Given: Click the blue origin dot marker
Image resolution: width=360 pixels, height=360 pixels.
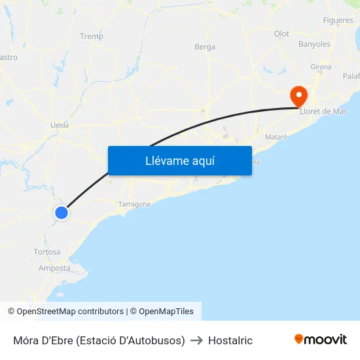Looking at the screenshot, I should point(62,213).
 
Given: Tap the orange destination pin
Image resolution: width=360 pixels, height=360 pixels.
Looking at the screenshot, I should point(298,97).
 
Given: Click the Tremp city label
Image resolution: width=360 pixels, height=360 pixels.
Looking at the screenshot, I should point(91,37).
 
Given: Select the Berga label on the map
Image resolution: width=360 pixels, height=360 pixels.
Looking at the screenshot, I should point(205,47).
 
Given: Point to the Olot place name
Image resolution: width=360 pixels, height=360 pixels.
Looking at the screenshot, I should point(281,34).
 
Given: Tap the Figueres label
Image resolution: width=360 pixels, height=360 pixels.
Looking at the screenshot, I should point(338,20).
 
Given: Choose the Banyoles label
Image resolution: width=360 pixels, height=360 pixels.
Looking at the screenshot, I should point(314,45).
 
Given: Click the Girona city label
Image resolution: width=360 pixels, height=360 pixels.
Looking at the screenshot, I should point(321,67).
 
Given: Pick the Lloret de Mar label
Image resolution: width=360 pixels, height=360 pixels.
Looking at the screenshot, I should point(323,111).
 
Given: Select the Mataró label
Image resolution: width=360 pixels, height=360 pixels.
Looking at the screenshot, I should point(277,137).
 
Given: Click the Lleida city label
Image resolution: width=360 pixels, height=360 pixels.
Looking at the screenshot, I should point(60,125).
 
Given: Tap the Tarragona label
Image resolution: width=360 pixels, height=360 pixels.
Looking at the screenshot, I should point(135,204).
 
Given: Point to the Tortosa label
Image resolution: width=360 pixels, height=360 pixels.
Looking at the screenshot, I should point(47,252).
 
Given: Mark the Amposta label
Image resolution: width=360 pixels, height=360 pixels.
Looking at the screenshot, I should point(54,268).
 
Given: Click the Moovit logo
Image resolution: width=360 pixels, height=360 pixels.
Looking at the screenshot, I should point(321,340).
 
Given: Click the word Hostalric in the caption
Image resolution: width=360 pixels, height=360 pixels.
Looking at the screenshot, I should point(230,340).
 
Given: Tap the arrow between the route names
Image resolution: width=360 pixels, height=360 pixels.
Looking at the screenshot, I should point(196,340).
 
